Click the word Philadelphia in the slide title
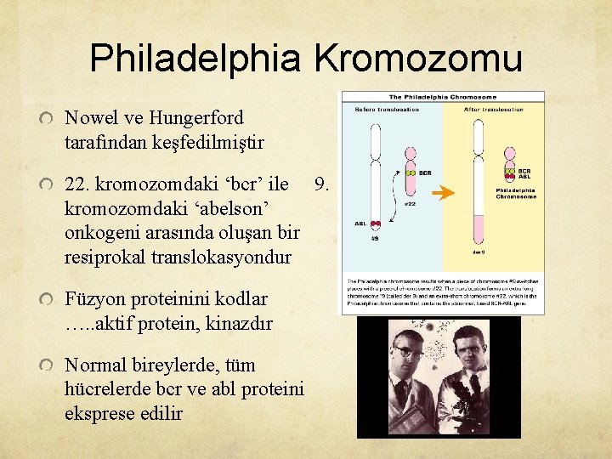[195, 59]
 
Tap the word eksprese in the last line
[99, 414]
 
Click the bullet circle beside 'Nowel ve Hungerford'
[46, 118]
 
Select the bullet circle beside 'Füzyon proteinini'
[46, 299]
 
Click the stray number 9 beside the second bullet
[320, 184]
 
